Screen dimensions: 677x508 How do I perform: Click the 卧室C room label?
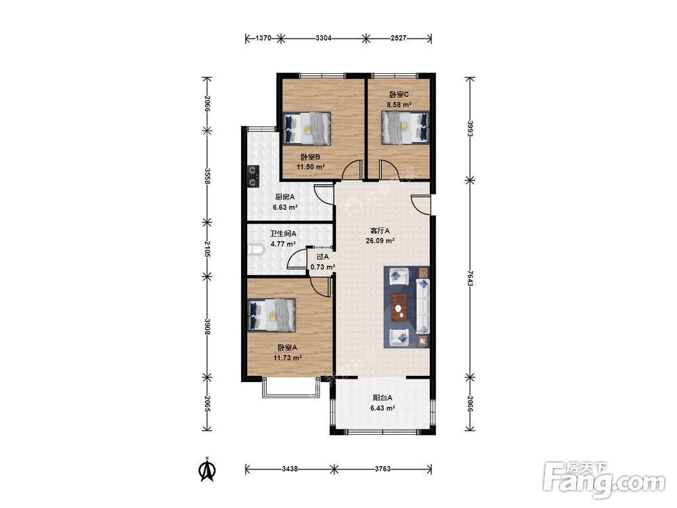click(x=399, y=94)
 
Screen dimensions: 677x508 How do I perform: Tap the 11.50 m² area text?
click(x=311, y=167)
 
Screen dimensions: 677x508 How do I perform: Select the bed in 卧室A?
click(x=272, y=316)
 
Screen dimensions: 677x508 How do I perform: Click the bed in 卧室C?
click(x=406, y=128)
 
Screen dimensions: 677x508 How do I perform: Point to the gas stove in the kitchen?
click(x=253, y=176)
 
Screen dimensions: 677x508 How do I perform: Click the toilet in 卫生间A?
click(x=257, y=251)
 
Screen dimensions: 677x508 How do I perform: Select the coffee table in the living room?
click(x=401, y=307)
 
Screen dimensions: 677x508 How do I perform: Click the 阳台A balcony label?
click(x=383, y=398)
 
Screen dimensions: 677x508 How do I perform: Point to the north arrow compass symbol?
click(x=207, y=470)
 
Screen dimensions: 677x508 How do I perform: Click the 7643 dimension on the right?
click(x=470, y=278)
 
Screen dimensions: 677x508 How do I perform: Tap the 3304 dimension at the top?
click(x=324, y=38)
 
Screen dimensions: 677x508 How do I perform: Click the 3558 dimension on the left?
click(x=208, y=176)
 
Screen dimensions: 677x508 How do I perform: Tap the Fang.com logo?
click(x=604, y=480)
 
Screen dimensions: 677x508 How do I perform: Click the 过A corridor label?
click(x=322, y=257)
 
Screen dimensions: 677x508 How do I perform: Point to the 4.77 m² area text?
click(x=283, y=244)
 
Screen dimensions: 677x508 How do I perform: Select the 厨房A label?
click(x=285, y=197)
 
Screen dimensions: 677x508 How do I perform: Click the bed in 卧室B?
click(x=307, y=129)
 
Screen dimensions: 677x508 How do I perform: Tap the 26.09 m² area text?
click(x=380, y=241)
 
